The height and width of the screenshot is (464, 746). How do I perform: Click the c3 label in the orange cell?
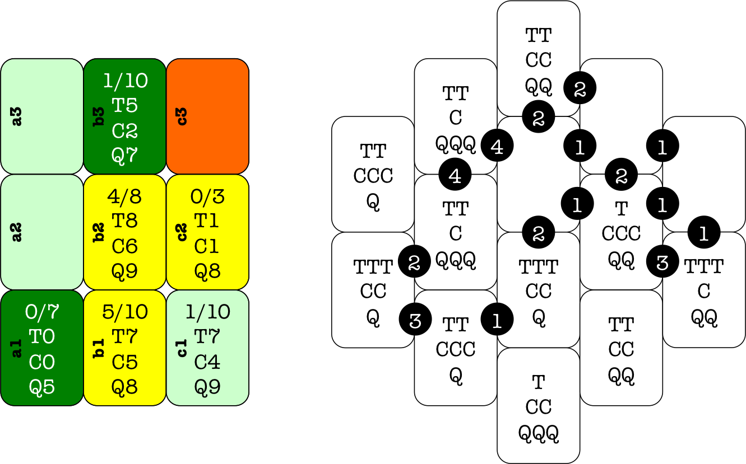[x=182, y=116]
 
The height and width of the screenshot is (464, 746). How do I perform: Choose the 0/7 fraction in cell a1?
[x=42, y=312]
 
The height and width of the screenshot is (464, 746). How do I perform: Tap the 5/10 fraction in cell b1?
[x=125, y=312]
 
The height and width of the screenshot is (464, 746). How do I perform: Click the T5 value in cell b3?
[x=125, y=105]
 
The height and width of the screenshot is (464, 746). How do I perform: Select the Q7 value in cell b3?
[x=125, y=156]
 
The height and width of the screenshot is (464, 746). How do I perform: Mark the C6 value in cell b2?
[x=125, y=246]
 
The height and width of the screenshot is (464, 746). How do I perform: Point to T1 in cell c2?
[x=207, y=221]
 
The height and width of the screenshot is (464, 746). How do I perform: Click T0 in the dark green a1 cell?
[x=42, y=337]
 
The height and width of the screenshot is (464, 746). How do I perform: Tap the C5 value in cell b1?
[x=125, y=362]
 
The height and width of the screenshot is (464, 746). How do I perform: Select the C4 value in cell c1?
[x=207, y=362]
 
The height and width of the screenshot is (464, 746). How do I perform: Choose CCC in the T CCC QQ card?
[x=621, y=233]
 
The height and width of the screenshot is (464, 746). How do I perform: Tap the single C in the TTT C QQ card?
[x=704, y=291]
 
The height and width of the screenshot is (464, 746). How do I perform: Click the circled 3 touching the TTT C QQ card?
[x=662, y=262]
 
